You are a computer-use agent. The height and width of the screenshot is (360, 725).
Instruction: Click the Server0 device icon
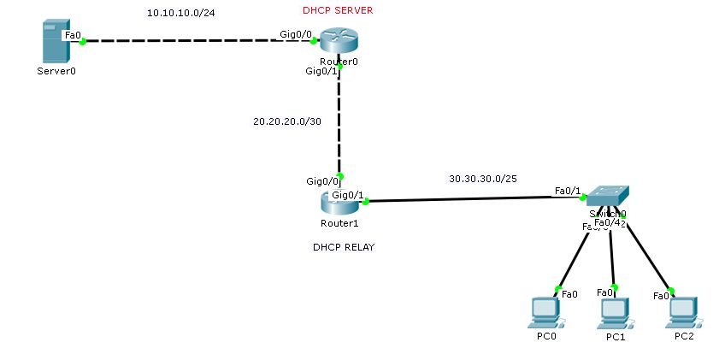pos(55,43)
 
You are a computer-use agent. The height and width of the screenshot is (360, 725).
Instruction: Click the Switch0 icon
pos(606,196)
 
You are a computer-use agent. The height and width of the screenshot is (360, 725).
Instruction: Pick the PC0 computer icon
pos(546,312)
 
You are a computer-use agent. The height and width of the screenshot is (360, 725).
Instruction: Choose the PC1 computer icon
pos(615,314)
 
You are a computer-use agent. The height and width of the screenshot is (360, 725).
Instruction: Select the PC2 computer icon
pos(683,312)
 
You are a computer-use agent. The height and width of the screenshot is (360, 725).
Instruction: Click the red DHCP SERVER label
pos(338,10)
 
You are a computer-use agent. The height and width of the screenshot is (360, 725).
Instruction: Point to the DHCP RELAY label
pos(344,247)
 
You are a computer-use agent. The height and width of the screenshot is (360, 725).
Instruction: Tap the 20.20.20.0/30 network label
pos(287,121)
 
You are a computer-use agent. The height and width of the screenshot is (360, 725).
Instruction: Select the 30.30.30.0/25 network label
pos(483,179)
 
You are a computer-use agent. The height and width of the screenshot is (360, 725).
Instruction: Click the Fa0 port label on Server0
pos(73,35)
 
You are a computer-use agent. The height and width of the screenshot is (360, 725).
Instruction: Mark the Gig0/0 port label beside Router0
pos(295,34)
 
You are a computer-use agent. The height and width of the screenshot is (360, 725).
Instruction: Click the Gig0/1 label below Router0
pos(322,71)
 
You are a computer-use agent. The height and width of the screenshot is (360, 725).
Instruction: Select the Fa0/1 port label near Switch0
pos(568,190)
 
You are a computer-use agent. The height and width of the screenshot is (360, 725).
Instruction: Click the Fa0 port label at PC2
pos(661,296)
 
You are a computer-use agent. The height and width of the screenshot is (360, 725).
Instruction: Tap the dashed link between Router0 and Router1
pos(340,120)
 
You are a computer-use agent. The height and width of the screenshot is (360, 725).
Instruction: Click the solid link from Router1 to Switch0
pos(470,199)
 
